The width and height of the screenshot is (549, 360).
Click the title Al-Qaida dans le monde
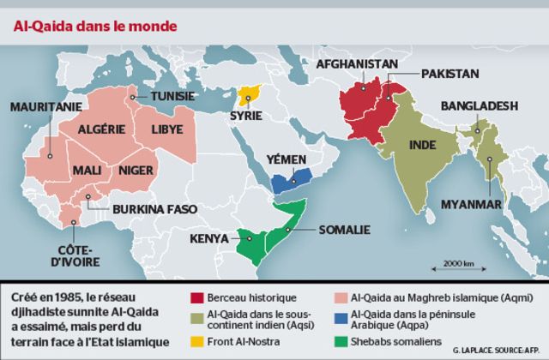[94, 26]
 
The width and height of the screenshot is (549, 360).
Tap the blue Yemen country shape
[290, 179]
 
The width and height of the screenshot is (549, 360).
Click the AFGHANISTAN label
[357, 64]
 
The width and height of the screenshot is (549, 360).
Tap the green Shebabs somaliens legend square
[340, 345]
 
